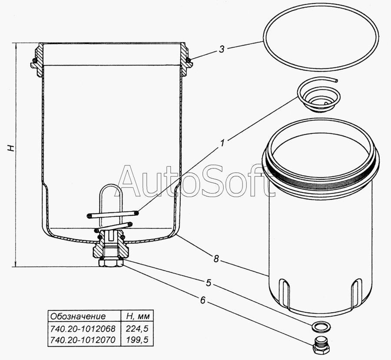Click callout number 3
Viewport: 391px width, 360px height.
(x=222, y=49)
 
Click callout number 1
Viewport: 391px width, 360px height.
(x=222, y=143)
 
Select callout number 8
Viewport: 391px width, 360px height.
(x=216, y=259)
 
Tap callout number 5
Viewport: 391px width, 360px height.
(x=209, y=283)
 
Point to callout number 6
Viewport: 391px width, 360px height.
(x=203, y=300)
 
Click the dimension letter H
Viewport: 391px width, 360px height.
(x=11, y=148)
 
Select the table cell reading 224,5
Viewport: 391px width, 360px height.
(x=137, y=329)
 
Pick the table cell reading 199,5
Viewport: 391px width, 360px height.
(x=137, y=340)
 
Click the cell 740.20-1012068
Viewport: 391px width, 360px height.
(x=83, y=329)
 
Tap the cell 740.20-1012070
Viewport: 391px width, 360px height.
(x=83, y=340)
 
